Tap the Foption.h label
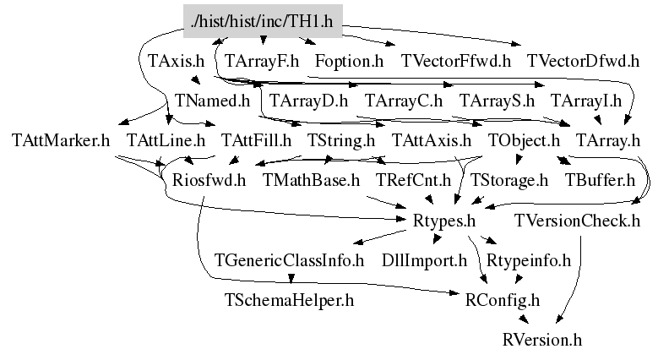click(x=349, y=61)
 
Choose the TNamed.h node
click(x=213, y=101)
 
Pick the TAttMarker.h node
click(x=62, y=139)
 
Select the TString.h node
click(x=340, y=139)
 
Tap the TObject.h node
click(x=524, y=139)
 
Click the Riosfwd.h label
click(x=209, y=180)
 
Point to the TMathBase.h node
click(x=312, y=180)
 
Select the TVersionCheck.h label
click(x=577, y=221)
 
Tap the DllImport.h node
click(x=425, y=259)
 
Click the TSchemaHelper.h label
click(x=289, y=299)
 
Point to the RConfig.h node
click(x=503, y=299)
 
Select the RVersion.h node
click(x=541, y=340)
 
